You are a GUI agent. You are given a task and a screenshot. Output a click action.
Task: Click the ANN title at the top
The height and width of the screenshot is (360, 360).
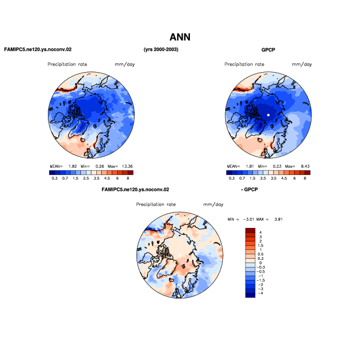(x=180, y=37)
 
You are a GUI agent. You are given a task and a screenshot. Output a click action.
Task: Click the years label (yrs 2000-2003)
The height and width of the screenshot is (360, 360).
(x=161, y=50)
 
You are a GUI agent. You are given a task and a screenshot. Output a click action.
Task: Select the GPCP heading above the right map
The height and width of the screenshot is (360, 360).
(x=268, y=50)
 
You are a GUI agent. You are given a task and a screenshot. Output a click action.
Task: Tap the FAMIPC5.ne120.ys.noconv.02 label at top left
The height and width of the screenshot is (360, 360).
(x=38, y=50)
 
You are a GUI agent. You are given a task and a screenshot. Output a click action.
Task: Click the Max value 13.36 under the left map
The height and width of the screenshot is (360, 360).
(x=127, y=166)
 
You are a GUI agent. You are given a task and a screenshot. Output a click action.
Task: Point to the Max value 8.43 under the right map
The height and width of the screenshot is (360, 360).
(x=305, y=166)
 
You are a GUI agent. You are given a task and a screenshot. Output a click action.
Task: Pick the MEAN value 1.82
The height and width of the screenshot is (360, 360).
(x=73, y=166)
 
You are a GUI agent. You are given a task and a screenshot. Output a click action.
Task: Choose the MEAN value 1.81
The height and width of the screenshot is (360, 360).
(x=250, y=166)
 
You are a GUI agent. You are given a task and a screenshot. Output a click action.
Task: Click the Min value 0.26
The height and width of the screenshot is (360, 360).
(x=100, y=166)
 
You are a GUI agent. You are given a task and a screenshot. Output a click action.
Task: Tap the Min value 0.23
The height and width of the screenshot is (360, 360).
(x=277, y=166)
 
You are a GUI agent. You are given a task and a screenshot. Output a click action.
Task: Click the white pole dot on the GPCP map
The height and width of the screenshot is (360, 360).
(x=268, y=115)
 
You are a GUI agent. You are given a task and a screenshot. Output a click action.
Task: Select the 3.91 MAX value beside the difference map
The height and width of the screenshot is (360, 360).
(x=279, y=219)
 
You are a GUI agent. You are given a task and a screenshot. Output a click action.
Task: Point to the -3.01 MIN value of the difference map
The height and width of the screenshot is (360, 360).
(x=248, y=219)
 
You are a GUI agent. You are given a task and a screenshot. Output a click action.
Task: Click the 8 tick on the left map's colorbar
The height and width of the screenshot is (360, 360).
(x=128, y=178)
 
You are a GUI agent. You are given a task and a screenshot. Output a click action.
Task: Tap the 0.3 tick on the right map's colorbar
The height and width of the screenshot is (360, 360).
(x=232, y=178)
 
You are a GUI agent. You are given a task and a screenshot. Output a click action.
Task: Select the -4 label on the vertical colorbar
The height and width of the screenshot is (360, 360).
(x=260, y=293)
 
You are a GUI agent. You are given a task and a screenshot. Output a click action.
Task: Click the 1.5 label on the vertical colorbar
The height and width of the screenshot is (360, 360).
(x=260, y=246)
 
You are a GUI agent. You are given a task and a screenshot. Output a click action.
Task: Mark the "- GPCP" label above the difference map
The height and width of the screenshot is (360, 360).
(x=249, y=189)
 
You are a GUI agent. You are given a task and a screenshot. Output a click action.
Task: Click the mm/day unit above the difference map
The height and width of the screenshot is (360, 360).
(x=213, y=204)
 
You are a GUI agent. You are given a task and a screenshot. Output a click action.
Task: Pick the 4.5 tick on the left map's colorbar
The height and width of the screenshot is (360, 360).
(x=107, y=178)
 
